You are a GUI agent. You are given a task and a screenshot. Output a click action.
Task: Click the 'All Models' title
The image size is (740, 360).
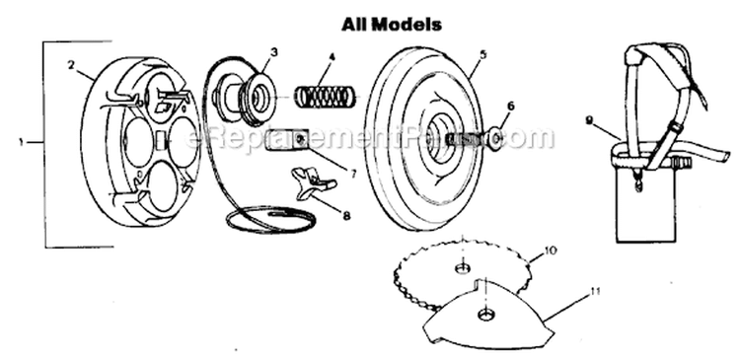(392, 21)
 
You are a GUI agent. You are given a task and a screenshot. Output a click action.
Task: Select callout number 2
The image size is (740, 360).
(72, 64)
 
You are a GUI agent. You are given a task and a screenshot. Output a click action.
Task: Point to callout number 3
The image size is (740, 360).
(273, 50)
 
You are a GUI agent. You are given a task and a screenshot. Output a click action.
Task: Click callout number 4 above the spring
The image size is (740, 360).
(333, 57)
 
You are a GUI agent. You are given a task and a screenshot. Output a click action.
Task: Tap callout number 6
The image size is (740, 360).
(511, 104)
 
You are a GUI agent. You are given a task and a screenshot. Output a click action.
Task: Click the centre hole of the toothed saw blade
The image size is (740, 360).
(461, 268)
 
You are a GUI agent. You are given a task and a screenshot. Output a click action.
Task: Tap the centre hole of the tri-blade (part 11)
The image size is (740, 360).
(484, 313)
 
